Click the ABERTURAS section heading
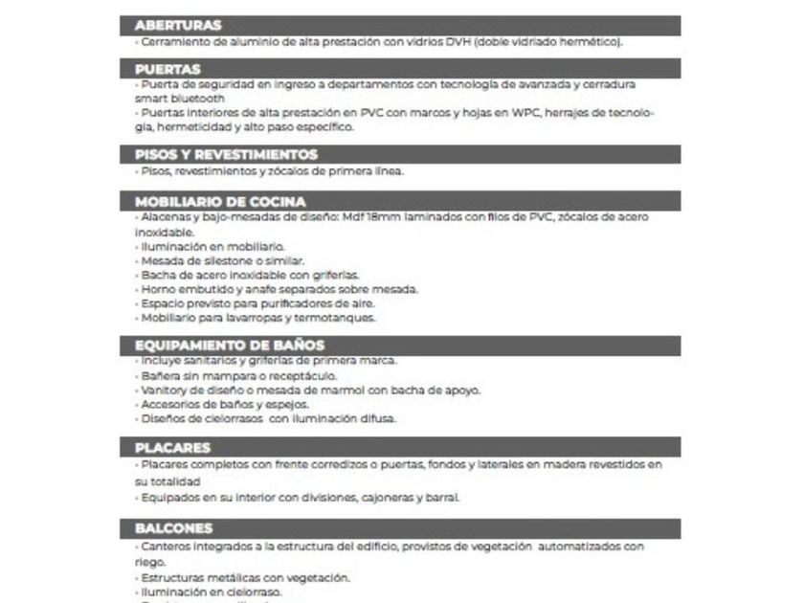tap(179, 25)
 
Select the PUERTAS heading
tap(167, 69)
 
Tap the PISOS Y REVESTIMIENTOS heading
tap(226, 154)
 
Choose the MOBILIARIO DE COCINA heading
tap(220, 202)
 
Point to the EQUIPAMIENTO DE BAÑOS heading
tap(229, 345)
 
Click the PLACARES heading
tap(172, 447)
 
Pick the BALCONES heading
tap(173, 528)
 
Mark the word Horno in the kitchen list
tap(155, 289)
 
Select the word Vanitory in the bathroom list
tap(163, 390)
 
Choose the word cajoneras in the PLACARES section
tap(397, 497)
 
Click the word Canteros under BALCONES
tap(164, 547)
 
